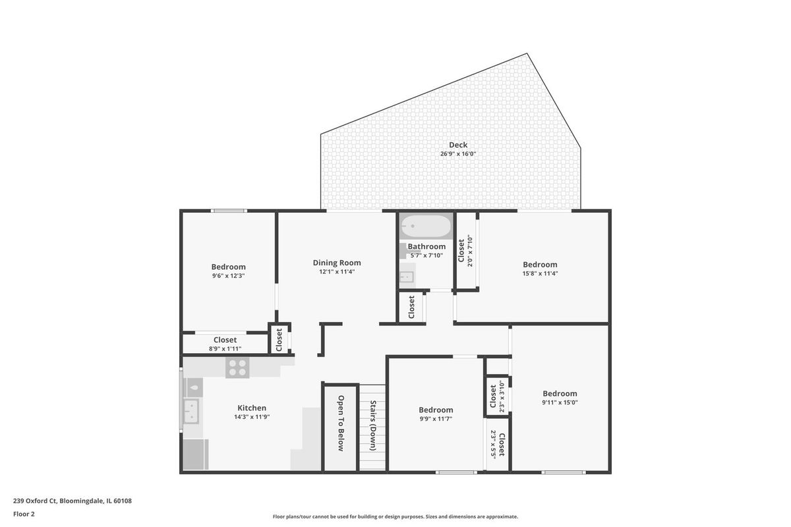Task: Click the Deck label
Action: point(458,145)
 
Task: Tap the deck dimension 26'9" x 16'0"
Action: point(458,154)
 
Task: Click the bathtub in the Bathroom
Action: point(426,226)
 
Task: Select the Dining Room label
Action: point(337,263)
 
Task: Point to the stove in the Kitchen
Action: point(238,368)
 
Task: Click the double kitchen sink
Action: point(191,412)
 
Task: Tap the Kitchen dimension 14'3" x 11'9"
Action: point(252,417)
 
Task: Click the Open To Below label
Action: point(341,423)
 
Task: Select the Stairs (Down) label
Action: point(373,426)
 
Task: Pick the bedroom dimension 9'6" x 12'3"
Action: point(229,275)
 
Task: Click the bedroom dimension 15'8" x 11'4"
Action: point(541,273)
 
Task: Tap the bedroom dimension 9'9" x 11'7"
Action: point(436,419)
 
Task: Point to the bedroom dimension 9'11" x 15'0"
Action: point(560,402)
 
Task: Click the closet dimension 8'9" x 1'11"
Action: point(225,348)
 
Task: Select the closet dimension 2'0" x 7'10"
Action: point(470,251)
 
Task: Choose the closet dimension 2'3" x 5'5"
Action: point(493,444)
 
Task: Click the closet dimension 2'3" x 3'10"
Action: point(502,397)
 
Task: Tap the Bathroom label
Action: point(426,246)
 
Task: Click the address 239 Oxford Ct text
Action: point(35,501)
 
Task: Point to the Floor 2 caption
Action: point(24,514)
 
